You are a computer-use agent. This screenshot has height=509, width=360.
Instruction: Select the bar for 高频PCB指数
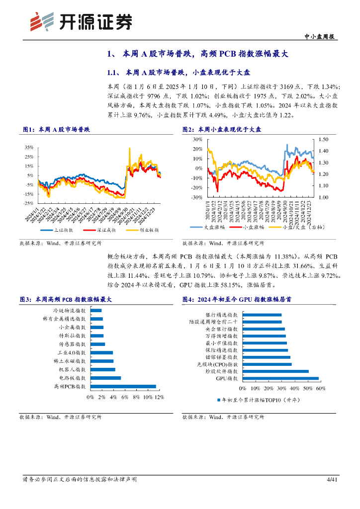click(x=123, y=386)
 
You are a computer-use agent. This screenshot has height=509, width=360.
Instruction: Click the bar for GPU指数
click(x=280, y=378)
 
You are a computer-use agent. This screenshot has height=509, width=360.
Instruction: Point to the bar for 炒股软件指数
click(x=275, y=371)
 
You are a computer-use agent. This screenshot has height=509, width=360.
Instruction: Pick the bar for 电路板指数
click(x=105, y=378)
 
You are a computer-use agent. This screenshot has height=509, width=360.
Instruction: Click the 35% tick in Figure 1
click(x=29, y=148)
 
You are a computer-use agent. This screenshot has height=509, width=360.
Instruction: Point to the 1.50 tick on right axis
click(x=323, y=140)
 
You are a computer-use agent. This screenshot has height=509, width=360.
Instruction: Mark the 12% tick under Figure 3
click(x=159, y=397)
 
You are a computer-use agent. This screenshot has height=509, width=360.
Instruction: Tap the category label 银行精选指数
click(x=222, y=315)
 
